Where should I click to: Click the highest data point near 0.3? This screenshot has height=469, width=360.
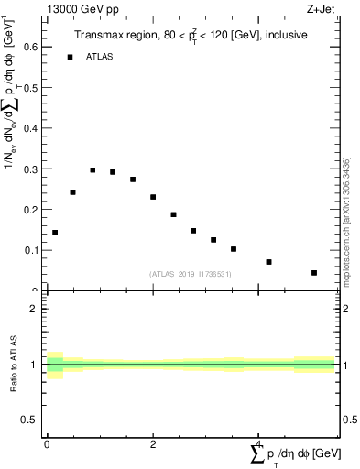(93, 170)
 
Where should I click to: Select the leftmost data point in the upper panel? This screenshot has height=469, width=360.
(55, 233)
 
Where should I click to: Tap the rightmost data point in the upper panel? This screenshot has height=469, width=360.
(314, 273)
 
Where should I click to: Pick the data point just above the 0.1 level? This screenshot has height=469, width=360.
(234, 249)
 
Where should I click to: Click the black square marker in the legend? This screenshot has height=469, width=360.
(71, 57)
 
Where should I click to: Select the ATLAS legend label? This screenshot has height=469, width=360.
(99, 57)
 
